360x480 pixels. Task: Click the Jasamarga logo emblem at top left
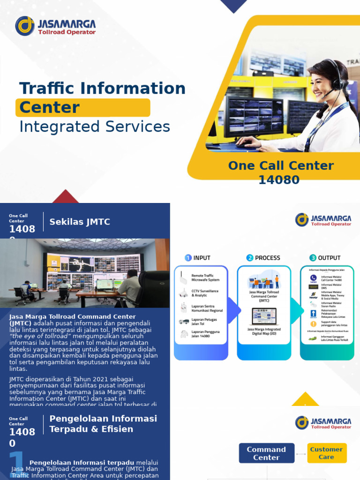click(25, 26)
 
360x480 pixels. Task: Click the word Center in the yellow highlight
click(49, 107)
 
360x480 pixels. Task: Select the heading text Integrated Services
click(94, 127)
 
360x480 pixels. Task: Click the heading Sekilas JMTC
click(80, 222)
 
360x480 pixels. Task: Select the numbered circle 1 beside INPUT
click(188, 258)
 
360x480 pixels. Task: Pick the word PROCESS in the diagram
click(268, 258)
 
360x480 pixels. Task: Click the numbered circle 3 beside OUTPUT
click(313, 258)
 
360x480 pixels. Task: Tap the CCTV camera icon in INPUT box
click(183, 293)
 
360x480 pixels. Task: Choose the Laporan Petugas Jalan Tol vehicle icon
click(184, 321)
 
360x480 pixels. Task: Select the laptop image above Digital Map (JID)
click(264, 316)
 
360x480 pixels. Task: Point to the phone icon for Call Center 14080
click(313, 278)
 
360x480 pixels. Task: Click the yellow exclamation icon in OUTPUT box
click(313, 323)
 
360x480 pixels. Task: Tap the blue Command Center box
click(266, 453)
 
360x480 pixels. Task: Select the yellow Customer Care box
click(327, 453)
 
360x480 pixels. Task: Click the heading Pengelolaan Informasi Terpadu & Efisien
click(103, 424)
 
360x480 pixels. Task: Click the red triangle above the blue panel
click(66, 197)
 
